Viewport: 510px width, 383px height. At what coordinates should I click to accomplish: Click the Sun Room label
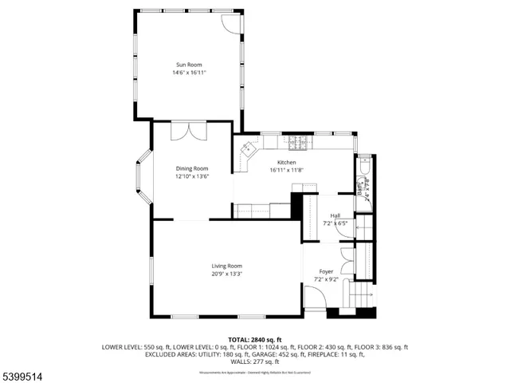189,65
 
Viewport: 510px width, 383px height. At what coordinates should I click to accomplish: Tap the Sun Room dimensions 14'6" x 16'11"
189,73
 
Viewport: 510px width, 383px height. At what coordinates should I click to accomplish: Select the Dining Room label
192,168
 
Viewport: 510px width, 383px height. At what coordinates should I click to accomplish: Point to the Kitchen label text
287,162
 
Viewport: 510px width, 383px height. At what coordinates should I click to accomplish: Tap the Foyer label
327,271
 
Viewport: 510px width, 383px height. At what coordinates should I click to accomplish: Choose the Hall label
336,215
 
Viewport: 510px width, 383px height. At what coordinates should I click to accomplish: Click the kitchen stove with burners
298,143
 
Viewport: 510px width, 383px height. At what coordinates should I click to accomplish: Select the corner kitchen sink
249,148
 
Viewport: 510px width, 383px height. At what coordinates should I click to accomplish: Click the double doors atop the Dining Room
181,131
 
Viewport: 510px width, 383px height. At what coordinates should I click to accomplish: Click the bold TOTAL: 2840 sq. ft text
255,340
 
